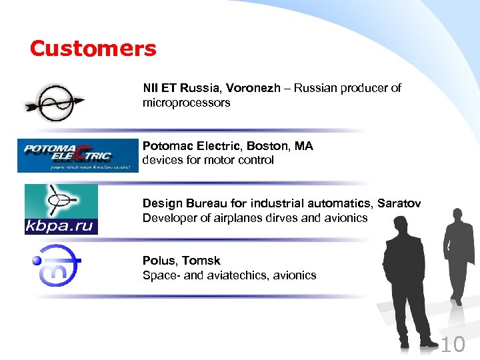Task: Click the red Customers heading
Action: coord(93,49)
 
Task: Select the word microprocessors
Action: coord(186,103)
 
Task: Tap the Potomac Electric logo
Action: coord(77,155)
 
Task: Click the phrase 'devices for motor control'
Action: coord(208,160)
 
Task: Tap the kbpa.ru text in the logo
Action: coord(61,225)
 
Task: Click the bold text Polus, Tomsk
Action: coord(181,261)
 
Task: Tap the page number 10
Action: coord(453,345)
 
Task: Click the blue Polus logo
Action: coord(57,264)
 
